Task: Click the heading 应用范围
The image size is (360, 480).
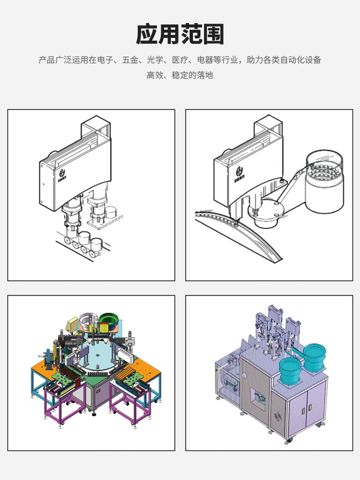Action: click(180, 34)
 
